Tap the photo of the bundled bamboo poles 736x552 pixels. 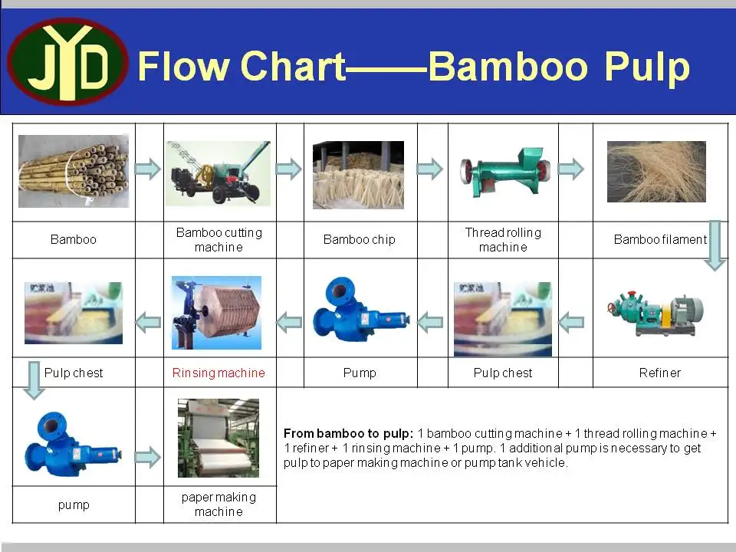tap(74, 171)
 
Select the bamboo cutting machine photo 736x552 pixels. tap(218, 172)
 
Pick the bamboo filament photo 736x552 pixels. tap(656, 172)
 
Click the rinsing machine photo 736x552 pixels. tap(216, 313)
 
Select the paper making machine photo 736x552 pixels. tap(218, 438)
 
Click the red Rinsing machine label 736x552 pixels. tap(219, 373)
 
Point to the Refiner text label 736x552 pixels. tap(659, 373)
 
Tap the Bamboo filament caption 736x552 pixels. tap(659, 240)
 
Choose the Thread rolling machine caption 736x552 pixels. tap(503, 240)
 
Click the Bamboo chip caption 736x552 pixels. tap(359, 240)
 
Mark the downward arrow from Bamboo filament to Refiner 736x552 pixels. tap(715, 245)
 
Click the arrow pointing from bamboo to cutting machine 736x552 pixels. tap(148, 169)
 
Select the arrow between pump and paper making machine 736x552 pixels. tap(148, 458)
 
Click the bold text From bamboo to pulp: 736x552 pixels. tap(348, 433)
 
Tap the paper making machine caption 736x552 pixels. tap(219, 504)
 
